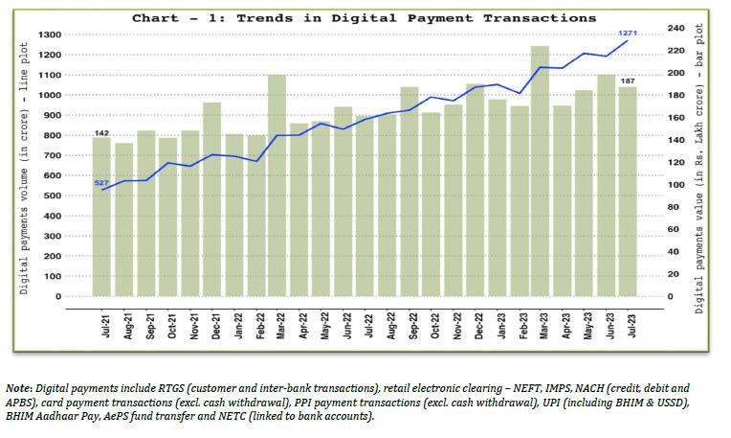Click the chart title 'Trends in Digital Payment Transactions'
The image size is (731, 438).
point(364,18)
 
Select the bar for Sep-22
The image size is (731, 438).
point(409,192)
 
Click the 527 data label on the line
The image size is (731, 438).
point(101,182)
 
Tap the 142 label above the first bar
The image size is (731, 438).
point(101,131)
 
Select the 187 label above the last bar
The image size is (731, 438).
point(628,81)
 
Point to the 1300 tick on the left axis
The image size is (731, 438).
point(50,35)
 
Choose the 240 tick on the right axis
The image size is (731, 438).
point(676,29)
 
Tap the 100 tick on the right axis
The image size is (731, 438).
point(676,185)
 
